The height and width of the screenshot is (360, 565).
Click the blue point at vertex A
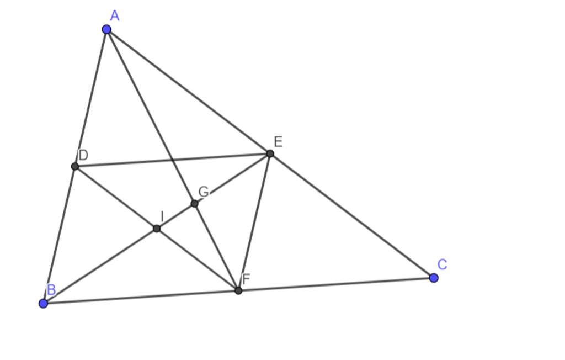(106, 29)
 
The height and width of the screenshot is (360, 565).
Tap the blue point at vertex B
(44, 303)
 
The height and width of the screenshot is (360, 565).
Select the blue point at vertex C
(434, 278)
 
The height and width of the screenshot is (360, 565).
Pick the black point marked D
(75, 166)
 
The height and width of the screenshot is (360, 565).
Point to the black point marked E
(270, 153)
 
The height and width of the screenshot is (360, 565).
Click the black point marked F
(238, 290)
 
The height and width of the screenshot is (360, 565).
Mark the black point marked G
(194, 204)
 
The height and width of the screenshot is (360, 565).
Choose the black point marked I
(157, 228)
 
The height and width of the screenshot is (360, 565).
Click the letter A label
(115, 15)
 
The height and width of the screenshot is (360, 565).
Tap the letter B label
(51, 290)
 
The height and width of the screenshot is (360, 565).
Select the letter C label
(442, 264)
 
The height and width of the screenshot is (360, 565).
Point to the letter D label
(83, 155)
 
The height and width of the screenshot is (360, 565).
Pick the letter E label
(278, 142)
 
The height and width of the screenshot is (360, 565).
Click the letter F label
(246, 279)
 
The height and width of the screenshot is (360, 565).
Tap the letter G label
(203, 192)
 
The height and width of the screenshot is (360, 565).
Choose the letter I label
(162, 216)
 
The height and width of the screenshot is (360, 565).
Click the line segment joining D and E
(172, 160)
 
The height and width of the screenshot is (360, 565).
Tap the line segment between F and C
(336, 284)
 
